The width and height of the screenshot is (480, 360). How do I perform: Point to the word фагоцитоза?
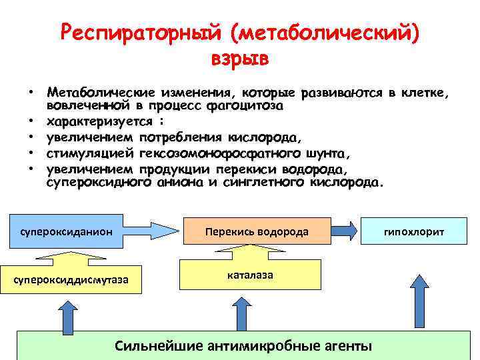pos(246,106)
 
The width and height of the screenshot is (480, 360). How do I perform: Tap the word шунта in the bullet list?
pos(319,153)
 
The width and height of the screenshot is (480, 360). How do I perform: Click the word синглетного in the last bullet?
pos(262,182)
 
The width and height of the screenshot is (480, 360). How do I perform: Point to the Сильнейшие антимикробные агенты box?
pos(243,345)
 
